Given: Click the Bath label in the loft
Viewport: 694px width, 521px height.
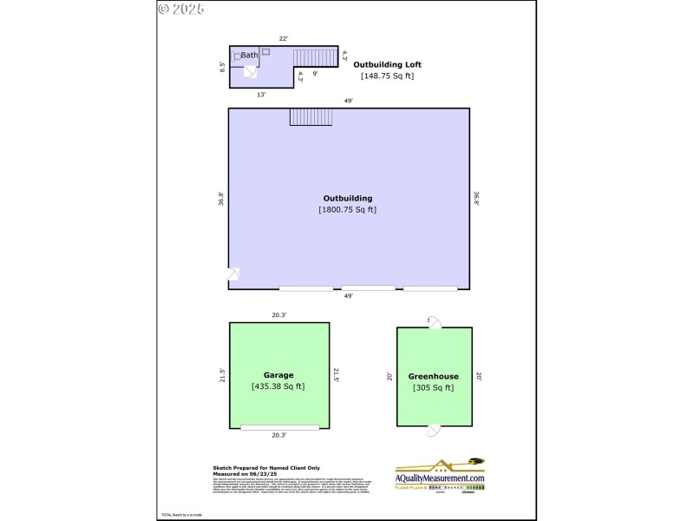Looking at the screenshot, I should (x=249, y=56).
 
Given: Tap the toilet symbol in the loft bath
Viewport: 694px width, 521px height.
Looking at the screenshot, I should (x=236, y=57).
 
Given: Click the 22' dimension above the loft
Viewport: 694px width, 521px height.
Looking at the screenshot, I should (x=283, y=39).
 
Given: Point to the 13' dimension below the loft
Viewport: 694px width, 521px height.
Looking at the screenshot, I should (x=260, y=95).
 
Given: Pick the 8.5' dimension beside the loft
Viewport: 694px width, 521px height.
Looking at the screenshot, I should (x=223, y=66).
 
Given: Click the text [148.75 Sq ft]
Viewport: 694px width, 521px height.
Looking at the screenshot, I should (x=387, y=76).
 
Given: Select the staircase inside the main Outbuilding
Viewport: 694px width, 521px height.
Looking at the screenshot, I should (x=305, y=116).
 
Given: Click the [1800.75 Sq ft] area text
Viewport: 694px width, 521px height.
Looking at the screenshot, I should (x=348, y=209).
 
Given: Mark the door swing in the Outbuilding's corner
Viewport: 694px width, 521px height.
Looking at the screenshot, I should (x=234, y=274).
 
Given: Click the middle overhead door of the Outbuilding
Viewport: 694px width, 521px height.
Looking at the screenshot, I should (x=368, y=288).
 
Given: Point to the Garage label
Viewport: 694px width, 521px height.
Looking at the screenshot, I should (x=278, y=375).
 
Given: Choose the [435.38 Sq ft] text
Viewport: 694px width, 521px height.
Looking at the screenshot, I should (x=278, y=386).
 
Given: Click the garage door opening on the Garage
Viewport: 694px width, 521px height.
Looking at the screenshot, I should (x=279, y=427).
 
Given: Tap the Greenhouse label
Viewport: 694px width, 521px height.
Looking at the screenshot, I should (x=434, y=377).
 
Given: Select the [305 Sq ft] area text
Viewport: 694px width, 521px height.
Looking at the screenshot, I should (x=434, y=388).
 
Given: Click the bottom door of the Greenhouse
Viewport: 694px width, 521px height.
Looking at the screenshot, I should (x=434, y=430).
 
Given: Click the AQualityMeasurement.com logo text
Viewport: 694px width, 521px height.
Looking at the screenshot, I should (x=440, y=478).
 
